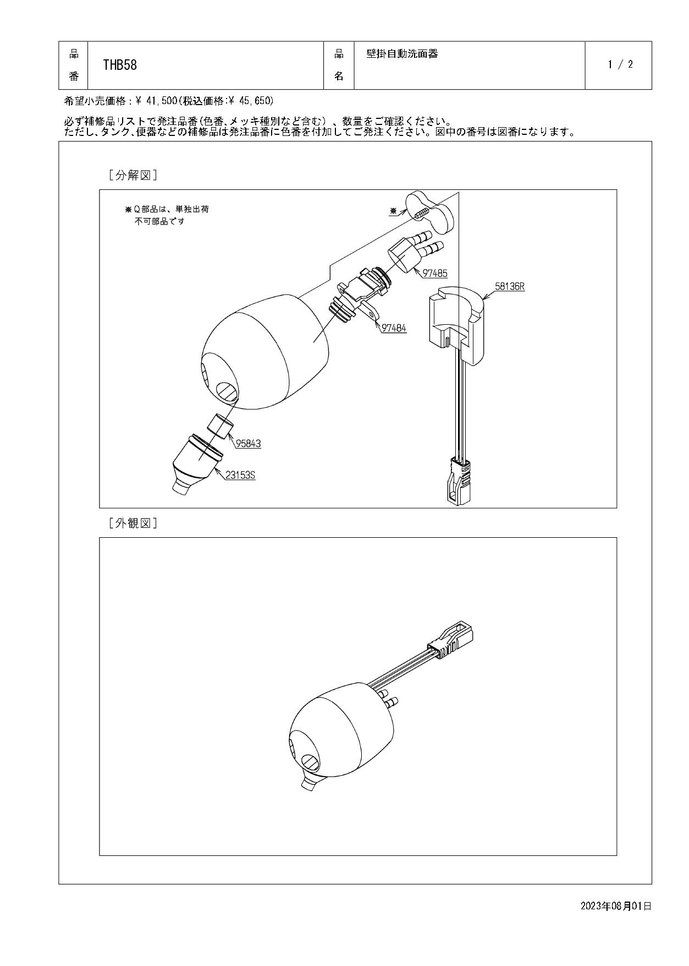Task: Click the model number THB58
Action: (x=120, y=65)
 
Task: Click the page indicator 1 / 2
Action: (x=620, y=64)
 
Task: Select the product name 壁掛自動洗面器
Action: (x=402, y=54)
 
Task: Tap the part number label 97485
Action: (x=435, y=274)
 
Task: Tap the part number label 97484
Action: (x=394, y=329)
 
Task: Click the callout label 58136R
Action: (x=509, y=287)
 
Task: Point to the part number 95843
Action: (x=249, y=444)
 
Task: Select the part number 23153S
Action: (x=240, y=476)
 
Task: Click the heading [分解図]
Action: (x=133, y=176)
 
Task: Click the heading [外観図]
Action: (x=133, y=523)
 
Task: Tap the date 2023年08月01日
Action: (x=616, y=905)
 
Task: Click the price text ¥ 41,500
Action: (x=156, y=101)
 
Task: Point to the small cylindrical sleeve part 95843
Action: (x=221, y=425)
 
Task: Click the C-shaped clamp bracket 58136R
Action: (x=455, y=325)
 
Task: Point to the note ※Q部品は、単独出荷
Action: (x=167, y=210)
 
